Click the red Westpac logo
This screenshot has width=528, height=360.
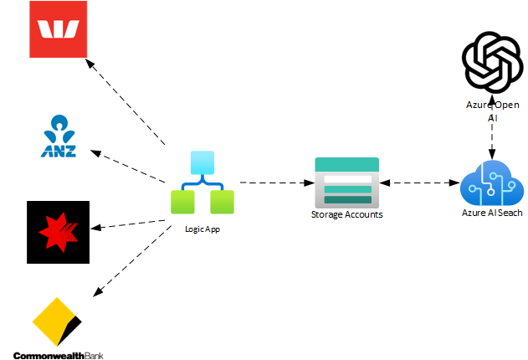click(x=58, y=29)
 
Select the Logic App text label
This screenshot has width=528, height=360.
click(x=202, y=229)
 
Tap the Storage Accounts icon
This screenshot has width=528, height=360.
click(x=346, y=182)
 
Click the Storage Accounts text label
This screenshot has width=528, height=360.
click(x=346, y=214)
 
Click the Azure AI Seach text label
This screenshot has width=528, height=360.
click(x=492, y=213)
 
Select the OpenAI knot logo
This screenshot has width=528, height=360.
click(x=491, y=64)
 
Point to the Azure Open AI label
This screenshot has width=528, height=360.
click(x=491, y=111)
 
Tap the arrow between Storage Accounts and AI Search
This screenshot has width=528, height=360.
click(x=420, y=182)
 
